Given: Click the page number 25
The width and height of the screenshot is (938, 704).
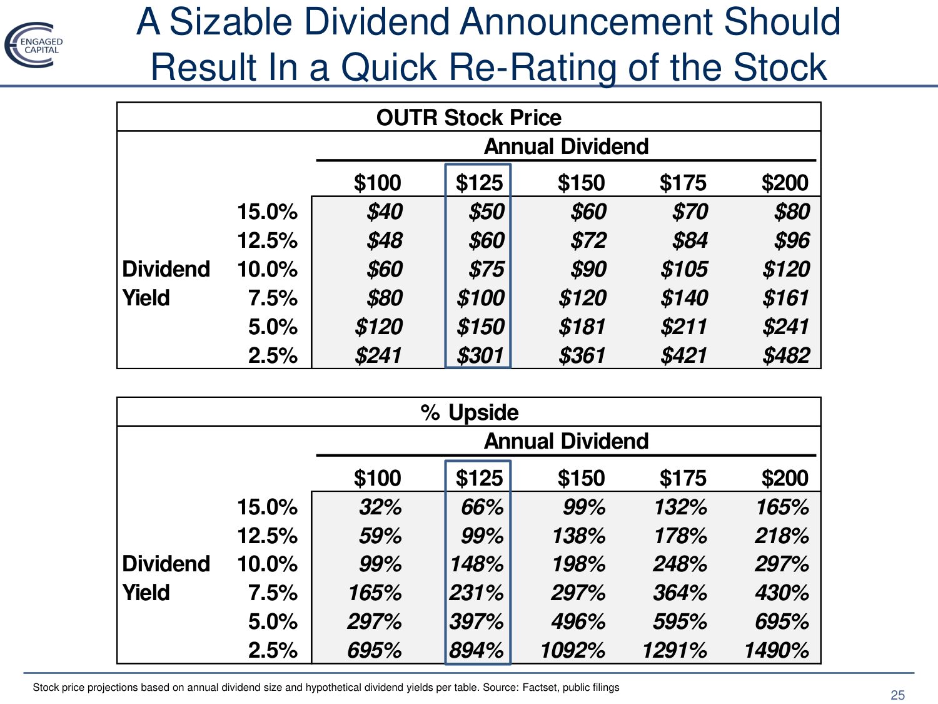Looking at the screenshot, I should click(x=897, y=695).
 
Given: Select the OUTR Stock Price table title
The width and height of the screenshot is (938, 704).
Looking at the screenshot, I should click(x=468, y=118).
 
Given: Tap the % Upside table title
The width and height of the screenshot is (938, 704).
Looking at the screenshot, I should click(x=469, y=412).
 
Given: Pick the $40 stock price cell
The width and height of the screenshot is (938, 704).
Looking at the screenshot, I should click(x=385, y=212).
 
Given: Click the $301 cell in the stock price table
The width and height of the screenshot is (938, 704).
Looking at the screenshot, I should click(x=480, y=355).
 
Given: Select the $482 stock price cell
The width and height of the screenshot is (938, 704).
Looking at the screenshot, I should click(x=785, y=355).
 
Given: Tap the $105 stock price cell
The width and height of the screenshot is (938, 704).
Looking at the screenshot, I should click(x=684, y=269).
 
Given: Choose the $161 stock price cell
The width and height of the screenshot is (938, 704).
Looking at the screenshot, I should click(x=785, y=298).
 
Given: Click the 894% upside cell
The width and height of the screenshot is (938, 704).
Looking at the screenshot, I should click(x=477, y=650).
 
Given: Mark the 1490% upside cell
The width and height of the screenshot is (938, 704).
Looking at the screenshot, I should click(x=776, y=650).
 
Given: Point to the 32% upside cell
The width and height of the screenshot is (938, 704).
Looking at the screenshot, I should click(x=380, y=507).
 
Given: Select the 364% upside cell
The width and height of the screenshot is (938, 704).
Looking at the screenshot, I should click(x=680, y=593).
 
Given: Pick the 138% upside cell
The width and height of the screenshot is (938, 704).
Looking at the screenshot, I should click(x=578, y=536).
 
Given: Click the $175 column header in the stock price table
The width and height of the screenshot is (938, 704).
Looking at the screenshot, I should click(x=683, y=183).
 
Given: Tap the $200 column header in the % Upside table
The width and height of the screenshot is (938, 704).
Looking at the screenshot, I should click(x=785, y=478).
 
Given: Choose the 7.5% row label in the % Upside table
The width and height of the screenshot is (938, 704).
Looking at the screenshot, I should click(x=273, y=593).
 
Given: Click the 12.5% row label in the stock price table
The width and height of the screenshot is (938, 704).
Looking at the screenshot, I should click(x=267, y=240).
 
